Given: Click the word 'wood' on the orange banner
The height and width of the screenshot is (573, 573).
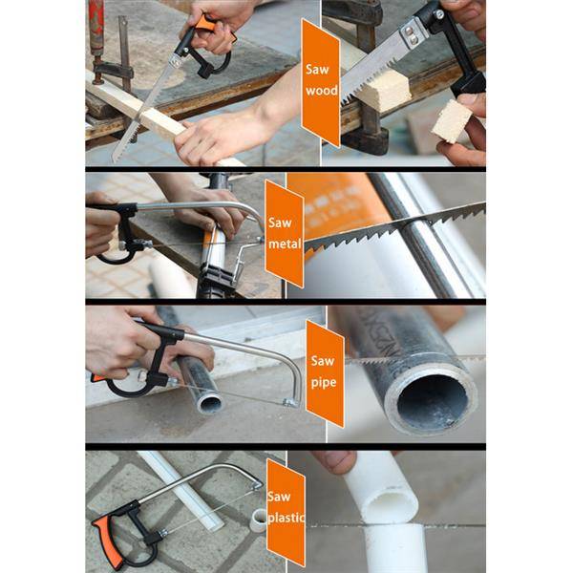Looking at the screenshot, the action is [x=322, y=90].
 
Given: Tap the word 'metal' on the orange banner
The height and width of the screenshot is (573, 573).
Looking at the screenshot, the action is [x=285, y=244].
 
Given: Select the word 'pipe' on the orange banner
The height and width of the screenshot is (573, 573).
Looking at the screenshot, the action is [x=324, y=383].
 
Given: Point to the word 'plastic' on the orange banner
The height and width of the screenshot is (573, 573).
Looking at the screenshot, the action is [x=286, y=518].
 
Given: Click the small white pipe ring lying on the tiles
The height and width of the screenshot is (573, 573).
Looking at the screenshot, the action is [x=260, y=520].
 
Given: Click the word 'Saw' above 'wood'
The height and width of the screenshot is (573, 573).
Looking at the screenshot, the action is [x=317, y=70].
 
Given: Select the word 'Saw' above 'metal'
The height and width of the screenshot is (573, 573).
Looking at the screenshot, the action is [x=280, y=223].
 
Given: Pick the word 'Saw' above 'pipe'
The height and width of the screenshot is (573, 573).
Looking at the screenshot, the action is [x=323, y=361].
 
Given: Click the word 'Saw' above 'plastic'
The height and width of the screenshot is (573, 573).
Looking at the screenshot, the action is [x=279, y=497].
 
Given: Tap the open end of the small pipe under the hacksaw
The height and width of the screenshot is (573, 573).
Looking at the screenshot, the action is [x=209, y=403].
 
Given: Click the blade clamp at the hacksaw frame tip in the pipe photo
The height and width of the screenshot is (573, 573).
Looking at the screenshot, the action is [x=289, y=403].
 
